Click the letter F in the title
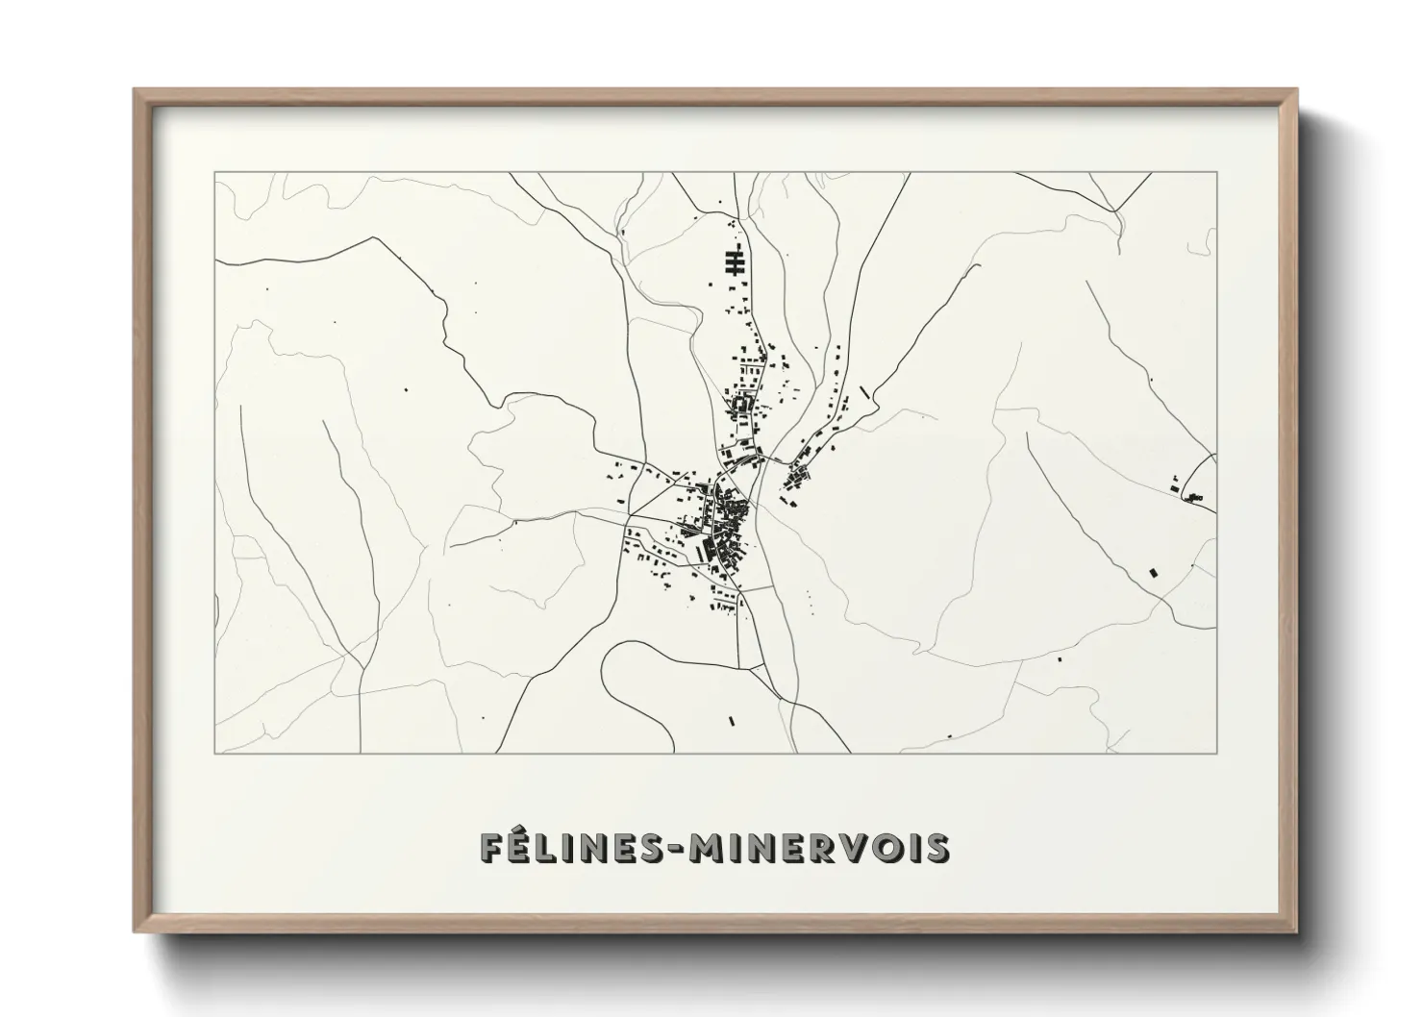[x=492, y=848]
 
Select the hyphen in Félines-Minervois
[x=682, y=849]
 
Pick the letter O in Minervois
[x=889, y=848]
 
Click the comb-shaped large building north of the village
[x=736, y=263]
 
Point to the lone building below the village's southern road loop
[x=732, y=720]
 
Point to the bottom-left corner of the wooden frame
[x=136, y=931]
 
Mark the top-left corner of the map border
[x=214, y=173]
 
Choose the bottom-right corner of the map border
[x=1216, y=753]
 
